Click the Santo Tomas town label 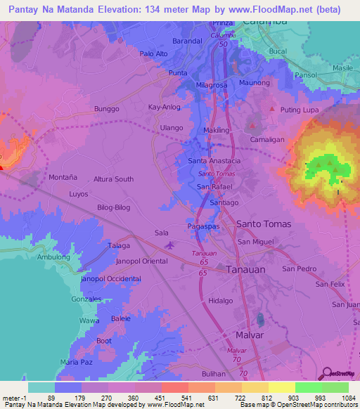[263, 223]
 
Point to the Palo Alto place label [153, 54]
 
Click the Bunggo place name [107, 110]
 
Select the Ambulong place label [54, 258]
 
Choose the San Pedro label [299, 268]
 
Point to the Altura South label [114, 179]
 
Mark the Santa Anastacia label [214, 161]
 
